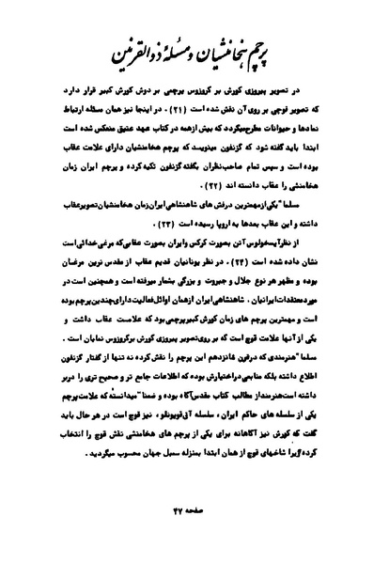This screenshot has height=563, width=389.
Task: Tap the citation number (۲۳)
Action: pos(198,204)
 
